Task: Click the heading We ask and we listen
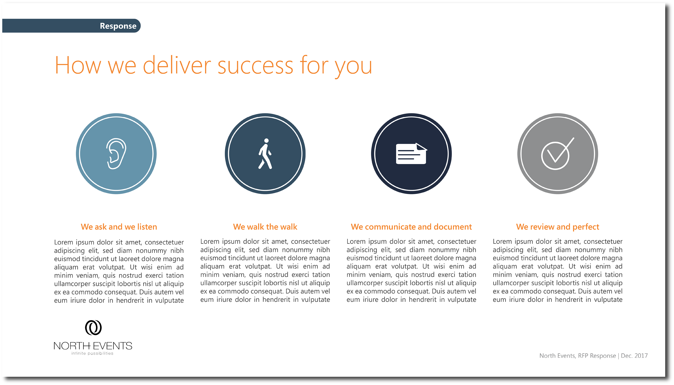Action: coord(119,227)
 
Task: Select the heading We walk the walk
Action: coord(265,227)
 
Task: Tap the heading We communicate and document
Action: coord(411,227)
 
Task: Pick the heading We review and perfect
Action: coord(558,227)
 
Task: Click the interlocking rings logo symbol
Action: coord(93,328)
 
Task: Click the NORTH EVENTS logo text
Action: coord(93,346)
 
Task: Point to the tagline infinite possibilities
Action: coord(92,354)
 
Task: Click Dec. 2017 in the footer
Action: coord(634,356)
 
